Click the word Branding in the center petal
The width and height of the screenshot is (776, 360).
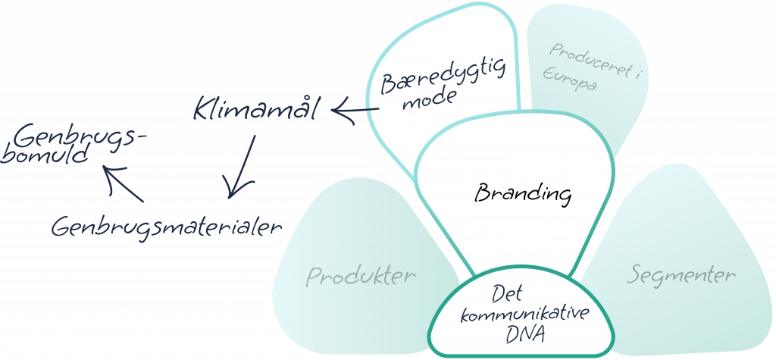pos(522,194)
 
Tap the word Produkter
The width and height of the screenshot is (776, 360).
pos(361,276)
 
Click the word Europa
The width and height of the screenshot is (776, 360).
pos(574,83)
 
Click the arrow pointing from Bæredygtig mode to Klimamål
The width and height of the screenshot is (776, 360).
pos(356,114)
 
